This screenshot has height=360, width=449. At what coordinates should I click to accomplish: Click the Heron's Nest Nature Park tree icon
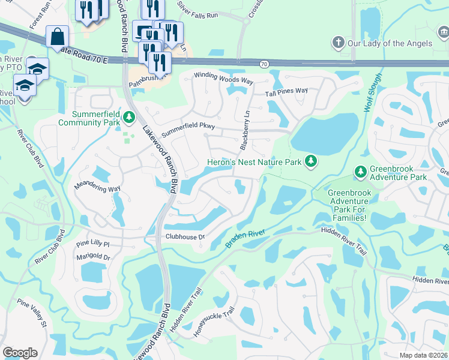310,161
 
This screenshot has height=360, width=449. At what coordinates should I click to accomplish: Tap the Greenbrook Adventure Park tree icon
360,172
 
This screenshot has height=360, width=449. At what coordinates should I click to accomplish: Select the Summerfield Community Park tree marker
129,117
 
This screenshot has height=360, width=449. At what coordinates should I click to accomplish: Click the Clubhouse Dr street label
185,237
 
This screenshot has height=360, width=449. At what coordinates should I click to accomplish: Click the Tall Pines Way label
287,91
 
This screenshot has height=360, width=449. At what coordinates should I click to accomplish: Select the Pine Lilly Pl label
93,244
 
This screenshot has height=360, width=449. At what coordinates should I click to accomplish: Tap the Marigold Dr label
94,257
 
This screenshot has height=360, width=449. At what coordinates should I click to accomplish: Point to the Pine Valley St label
32,314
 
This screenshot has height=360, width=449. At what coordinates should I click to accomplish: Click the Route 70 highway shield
264,62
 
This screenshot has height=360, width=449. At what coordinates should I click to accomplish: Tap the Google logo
20,353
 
